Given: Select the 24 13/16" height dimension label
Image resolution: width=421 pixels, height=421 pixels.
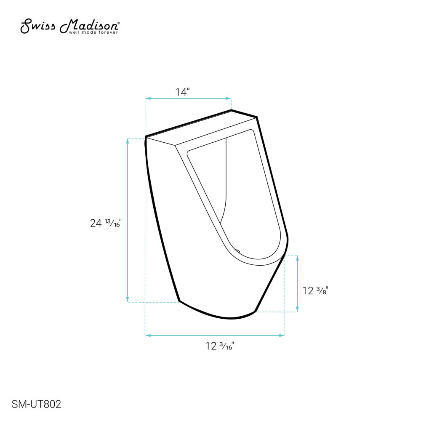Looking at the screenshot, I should pyautogui.click(x=106, y=223).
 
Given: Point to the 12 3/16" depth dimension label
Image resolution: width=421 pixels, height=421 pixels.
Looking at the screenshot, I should pyautogui.click(x=220, y=346).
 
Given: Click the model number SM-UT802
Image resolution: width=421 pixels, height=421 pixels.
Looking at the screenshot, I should pyautogui.click(x=37, y=405).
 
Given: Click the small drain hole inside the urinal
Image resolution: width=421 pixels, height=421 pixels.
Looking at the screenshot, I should pyautogui.click(x=237, y=252).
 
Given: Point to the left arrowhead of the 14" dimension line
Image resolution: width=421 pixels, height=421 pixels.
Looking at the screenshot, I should pyautogui.click(x=147, y=99).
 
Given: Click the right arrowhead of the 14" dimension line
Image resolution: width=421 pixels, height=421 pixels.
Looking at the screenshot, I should pyautogui.click(x=229, y=99).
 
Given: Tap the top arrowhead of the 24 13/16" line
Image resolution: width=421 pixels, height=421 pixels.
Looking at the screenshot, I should pyautogui.click(x=128, y=140).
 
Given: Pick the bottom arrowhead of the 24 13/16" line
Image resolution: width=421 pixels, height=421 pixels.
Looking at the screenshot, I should pyautogui.click(x=128, y=300).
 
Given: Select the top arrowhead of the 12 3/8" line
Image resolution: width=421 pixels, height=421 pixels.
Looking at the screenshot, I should pyautogui.click(x=297, y=257).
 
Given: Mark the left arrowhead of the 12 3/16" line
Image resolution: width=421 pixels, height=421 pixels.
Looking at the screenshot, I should pyautogui.click(x=147, y=335).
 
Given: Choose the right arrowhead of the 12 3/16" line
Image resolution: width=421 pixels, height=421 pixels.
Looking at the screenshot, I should pyautogui.click(x=283, y=335).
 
